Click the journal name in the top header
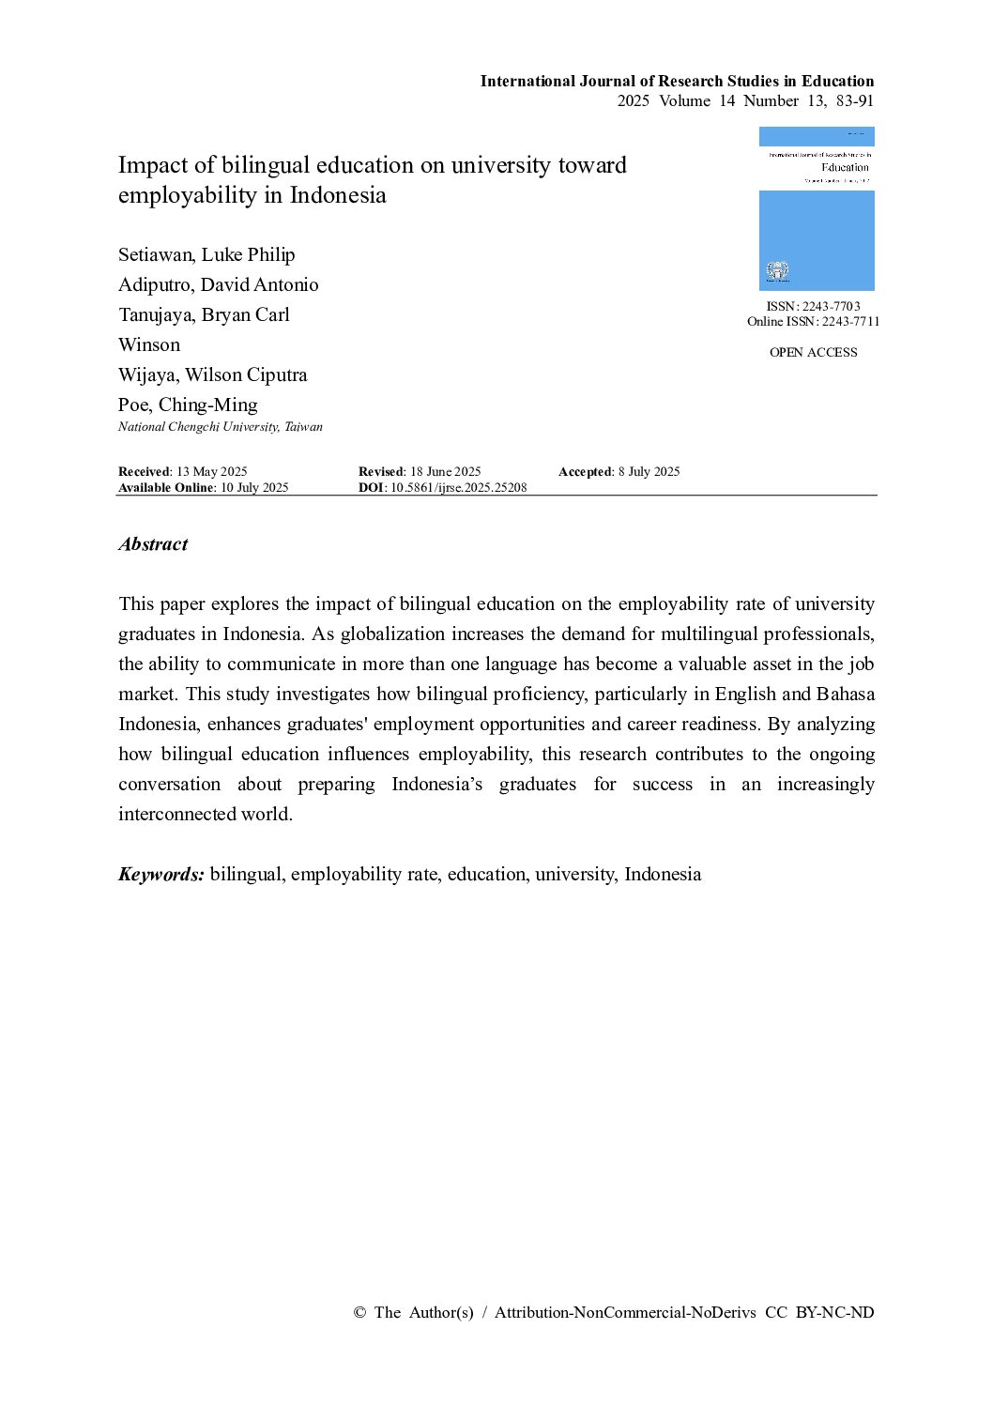677,81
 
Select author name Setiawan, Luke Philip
206,254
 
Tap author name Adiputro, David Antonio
218,284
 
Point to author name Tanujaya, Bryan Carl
204,314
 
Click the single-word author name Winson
148,344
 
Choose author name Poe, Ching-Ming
188,405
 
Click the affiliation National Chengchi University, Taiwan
220,427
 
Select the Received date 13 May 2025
211,471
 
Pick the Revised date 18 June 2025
445,471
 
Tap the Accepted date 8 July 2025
649,471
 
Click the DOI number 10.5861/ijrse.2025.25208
458,487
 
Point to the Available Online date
254,487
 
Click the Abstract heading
153,544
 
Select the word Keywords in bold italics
160,874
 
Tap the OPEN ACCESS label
813,352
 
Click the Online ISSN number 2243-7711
850,321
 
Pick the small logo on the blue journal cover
776,271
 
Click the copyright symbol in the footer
359,1312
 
